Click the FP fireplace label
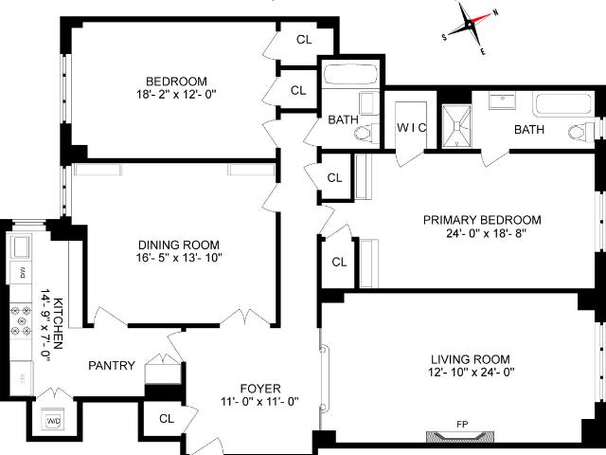pos(462,425)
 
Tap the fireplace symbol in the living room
pos(460,437)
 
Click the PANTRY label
pos(112,366)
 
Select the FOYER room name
pos(260,389)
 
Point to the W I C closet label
pos(412,128)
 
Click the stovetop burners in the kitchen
pos(21,320)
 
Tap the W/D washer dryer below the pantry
pos(53,421)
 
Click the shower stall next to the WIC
pos(456,126)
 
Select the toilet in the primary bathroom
pos(580,132)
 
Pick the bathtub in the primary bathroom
pos(562,103)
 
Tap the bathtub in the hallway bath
pos(350,74)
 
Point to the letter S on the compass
pos(444,38)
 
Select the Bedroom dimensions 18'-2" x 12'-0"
pos(176,95)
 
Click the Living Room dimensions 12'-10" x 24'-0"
pos(472,373)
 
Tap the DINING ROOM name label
pos(179,245)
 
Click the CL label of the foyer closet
pos(167,419)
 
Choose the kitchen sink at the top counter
pos(20,246)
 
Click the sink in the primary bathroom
pos(503,100)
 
